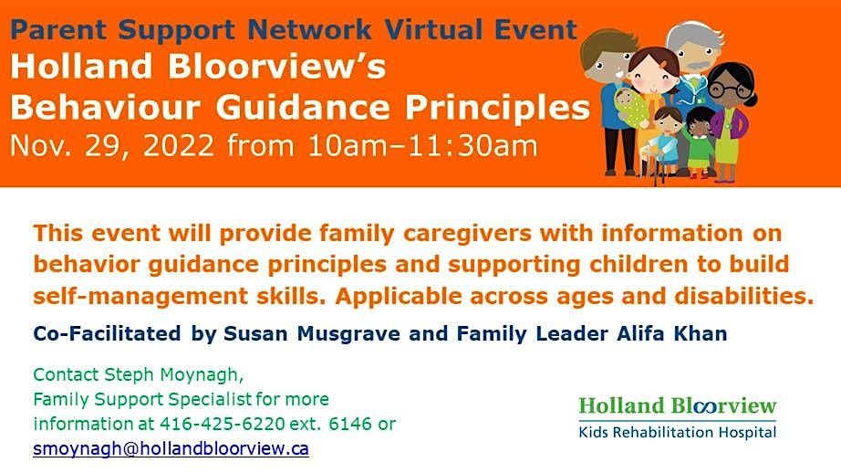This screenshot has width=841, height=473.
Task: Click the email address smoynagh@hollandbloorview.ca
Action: (x=171, y=449)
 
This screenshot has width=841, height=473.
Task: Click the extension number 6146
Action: (x=358, y=425)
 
